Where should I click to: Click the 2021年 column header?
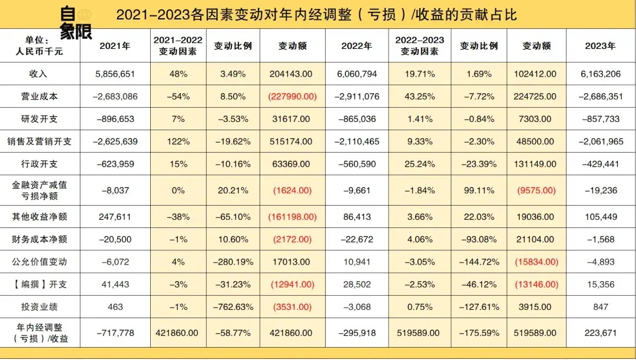coord(115,46)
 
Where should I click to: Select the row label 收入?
coord(38,74)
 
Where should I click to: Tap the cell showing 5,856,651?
coord(115,74)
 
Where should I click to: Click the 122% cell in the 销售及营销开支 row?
coord(178,142)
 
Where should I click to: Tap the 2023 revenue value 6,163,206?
coord(600,74)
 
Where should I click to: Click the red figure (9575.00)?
coord(536,190)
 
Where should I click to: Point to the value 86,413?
coord(357,217)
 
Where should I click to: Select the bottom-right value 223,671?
coord(600,333)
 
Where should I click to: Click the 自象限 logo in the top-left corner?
coord(75,22)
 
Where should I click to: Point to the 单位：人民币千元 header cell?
coord(39,46)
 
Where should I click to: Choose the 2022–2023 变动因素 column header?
coord(419,46)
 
